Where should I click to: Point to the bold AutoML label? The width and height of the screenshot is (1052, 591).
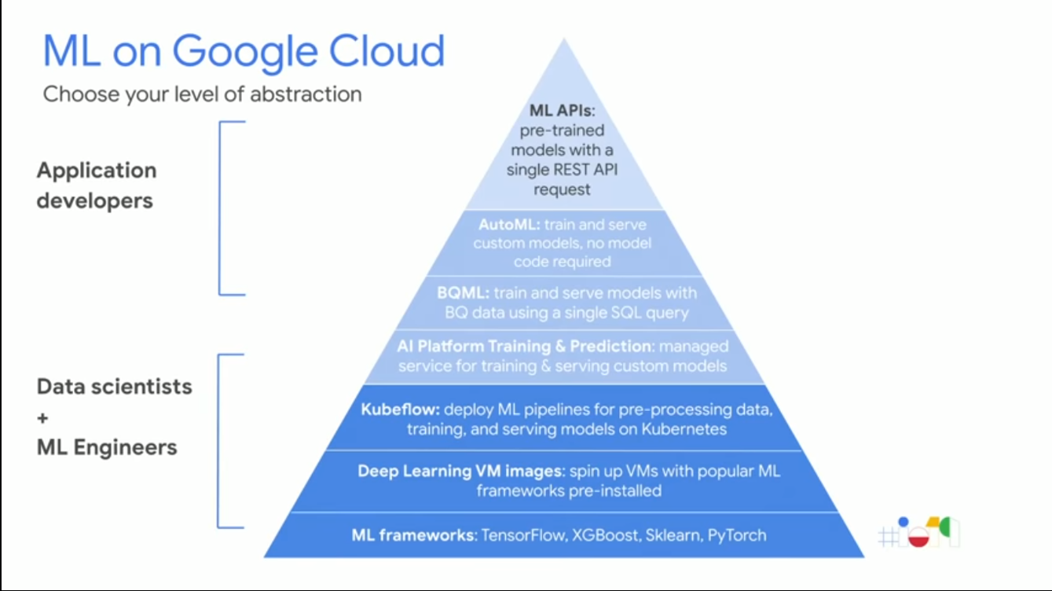pyautogui.click(x=510, y=225)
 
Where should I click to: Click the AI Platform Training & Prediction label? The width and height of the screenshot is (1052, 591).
pyautogui.click(x=524, y=347)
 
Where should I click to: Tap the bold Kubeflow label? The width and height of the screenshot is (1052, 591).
pyautogui.click(x=400, y=409)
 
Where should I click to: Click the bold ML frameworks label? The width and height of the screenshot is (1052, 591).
pyautogui.click(x=413, y=536)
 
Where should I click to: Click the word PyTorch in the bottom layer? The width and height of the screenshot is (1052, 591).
pyautogui.click(x=736, y=536)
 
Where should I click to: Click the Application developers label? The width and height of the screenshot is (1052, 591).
pyautogui.click(x=96, y=185)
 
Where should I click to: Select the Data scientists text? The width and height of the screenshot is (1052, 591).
pyautogui.click(x=115, y=387)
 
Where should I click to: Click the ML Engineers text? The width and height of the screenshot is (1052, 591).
pyautogui.click(x=107, y=448)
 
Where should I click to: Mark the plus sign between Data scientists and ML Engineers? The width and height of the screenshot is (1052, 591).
pyautogui.click(x=43, y=418)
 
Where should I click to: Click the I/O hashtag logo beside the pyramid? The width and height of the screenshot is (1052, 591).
pyautogui.click(x=918, y=533)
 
